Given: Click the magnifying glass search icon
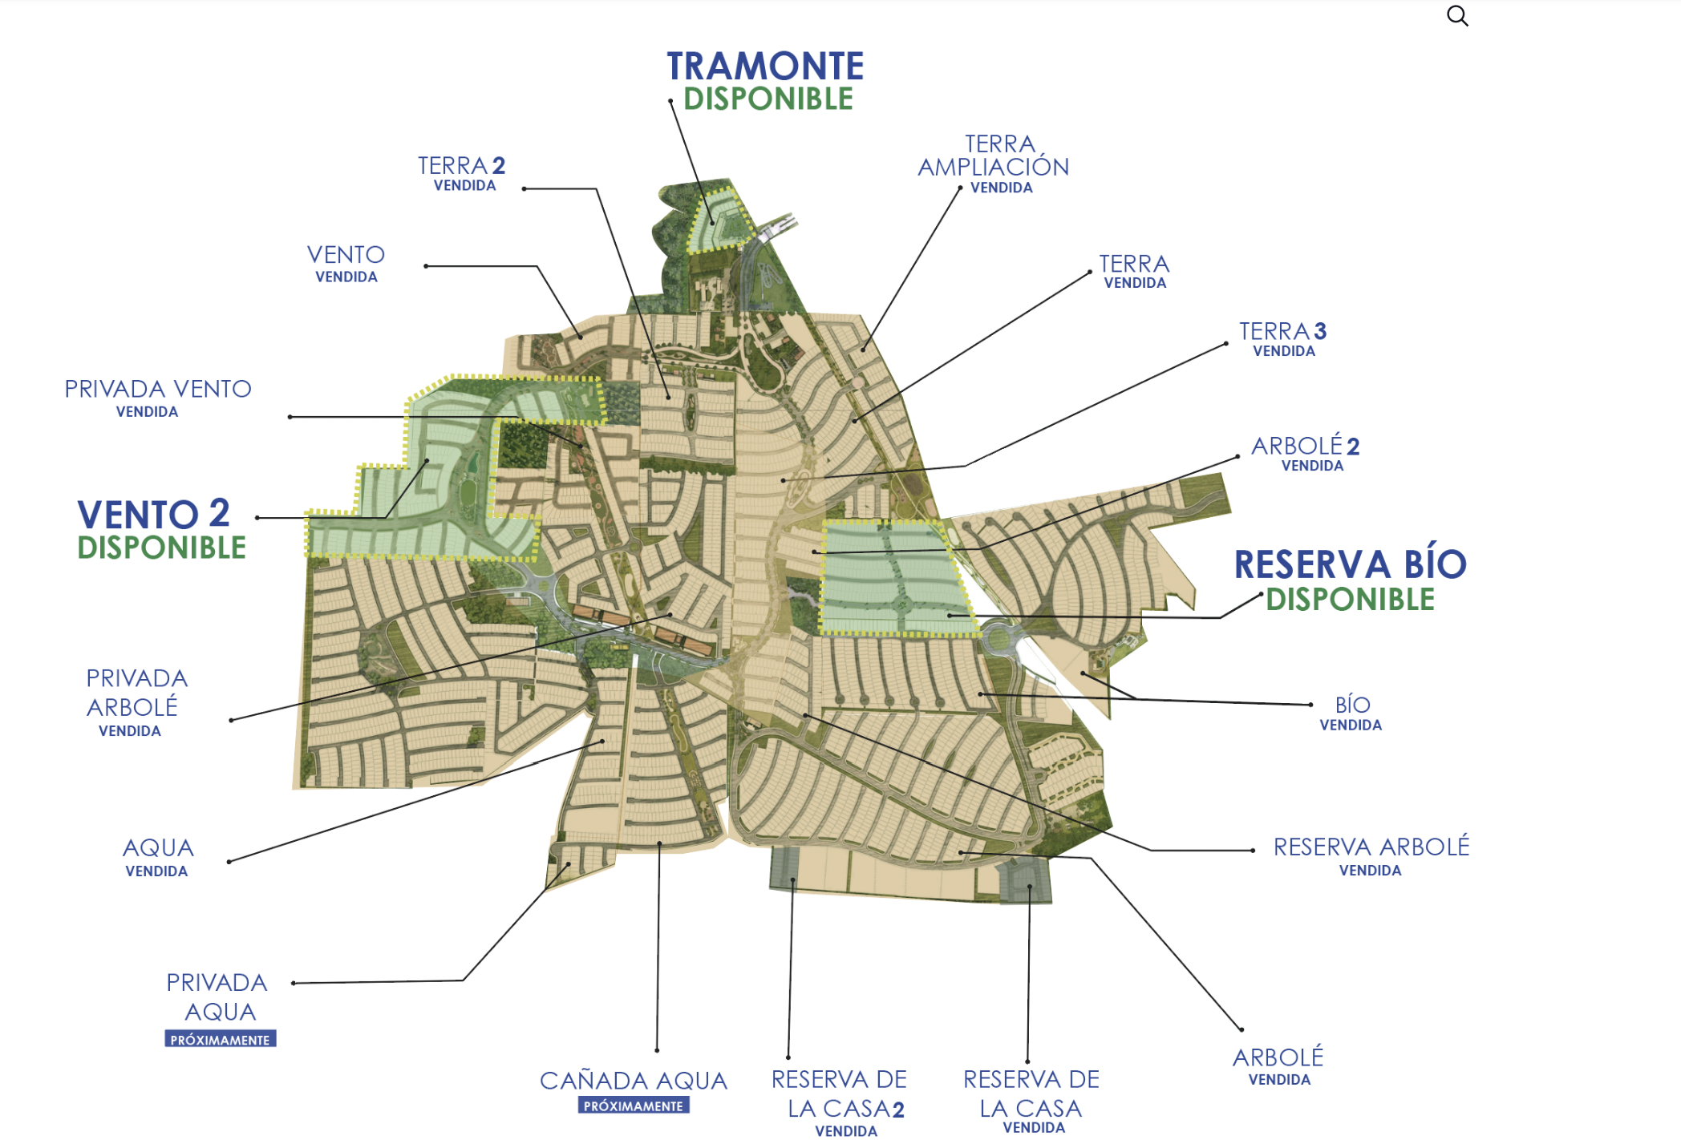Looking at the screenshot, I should pos(1457,16).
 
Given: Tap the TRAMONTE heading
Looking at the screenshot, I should pos(765,67).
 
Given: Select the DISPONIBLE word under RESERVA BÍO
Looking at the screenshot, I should pos(1350,600).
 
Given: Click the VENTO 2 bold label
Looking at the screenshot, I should pos(154,514).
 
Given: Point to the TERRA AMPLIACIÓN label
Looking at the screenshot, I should pos(993,156).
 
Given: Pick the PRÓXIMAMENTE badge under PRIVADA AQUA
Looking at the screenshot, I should pos(221,1039).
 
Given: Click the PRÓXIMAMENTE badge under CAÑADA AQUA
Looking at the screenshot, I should pos(634,1106).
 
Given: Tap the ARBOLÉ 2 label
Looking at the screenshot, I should pos(1305,446).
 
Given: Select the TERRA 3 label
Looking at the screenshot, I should pos(1282,331).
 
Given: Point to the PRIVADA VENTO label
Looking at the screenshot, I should pos(158,389).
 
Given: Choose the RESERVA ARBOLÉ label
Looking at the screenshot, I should pos(1371,847).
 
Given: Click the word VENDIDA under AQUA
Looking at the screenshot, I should pos(156,871).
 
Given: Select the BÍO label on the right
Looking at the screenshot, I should pos(1352,705).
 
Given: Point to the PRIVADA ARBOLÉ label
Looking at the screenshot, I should pos(136,693).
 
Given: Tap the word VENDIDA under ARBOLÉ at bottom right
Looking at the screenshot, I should pos(1279,1080).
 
